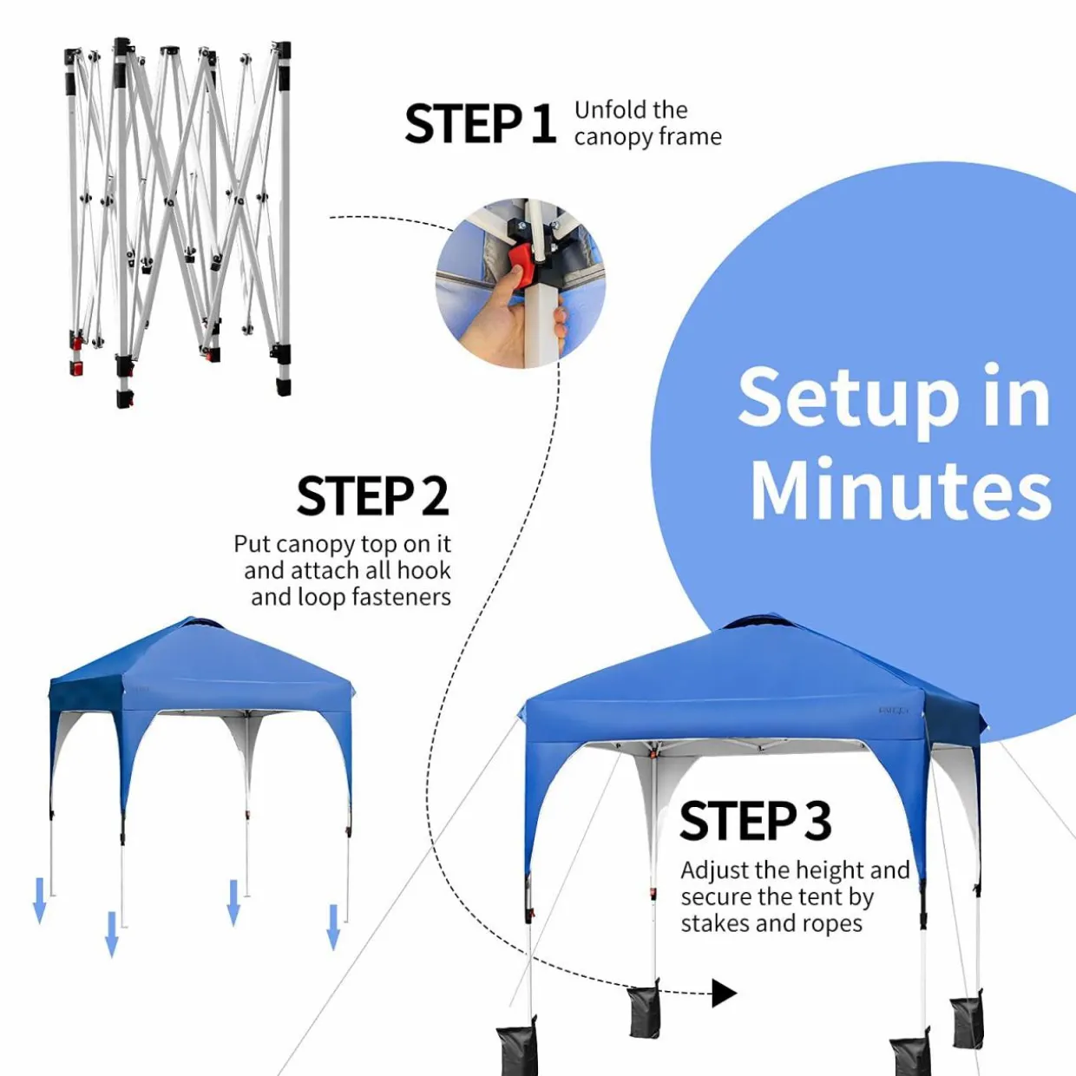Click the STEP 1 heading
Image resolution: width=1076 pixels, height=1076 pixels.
point(480,124)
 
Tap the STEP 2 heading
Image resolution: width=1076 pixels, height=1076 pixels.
point(372,495)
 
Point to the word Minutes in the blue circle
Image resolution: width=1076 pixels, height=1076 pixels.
point(901,489)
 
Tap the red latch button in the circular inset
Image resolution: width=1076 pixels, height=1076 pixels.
point(523,266)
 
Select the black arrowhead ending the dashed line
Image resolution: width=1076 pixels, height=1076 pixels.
point(725,994)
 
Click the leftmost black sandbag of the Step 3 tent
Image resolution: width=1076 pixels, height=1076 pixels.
point(516,1048)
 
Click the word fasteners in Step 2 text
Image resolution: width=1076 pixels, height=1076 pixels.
point(401,598)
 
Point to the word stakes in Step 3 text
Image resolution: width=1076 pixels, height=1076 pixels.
point(712,923)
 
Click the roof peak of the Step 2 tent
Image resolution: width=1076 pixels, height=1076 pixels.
point(193,620)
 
